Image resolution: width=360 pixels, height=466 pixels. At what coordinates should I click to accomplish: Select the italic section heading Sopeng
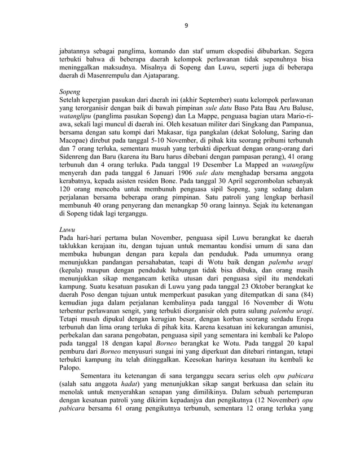(70, 90)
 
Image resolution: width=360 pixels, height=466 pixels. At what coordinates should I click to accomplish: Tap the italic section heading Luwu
(68, 230)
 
